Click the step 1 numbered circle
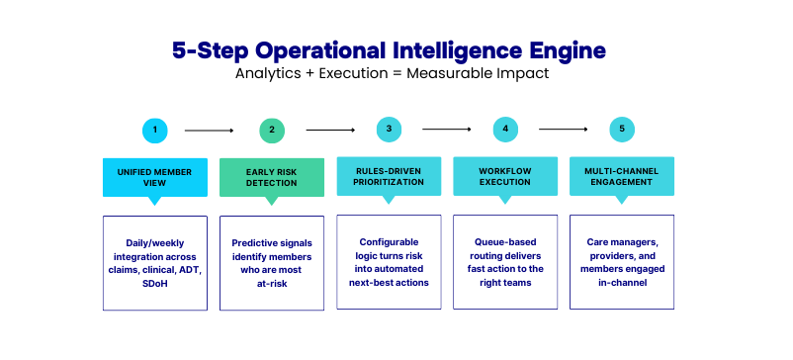[x=155, y=130]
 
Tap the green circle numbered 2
[x=272, y=130]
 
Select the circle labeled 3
[x=389, y=129]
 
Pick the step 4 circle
[x=505, y=129]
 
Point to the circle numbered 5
[x=622, y=129]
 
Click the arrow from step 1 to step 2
[x=209, y=130]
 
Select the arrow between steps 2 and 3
[x=329, y=130]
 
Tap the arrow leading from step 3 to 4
[x=446, y=129]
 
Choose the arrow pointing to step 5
[x=563, y=129]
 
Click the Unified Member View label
[x=155, y=176]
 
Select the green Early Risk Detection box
[x=272, y=176]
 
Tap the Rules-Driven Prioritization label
[x=389, y=175]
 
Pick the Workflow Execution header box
[x=505, y=175]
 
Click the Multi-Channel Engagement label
[x=622, y=175]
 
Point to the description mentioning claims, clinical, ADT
[x=155, y=263]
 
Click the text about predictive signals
[x=272, y=263]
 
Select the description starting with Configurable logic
[x=389, y=263]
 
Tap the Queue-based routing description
[x=505, y=263]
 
